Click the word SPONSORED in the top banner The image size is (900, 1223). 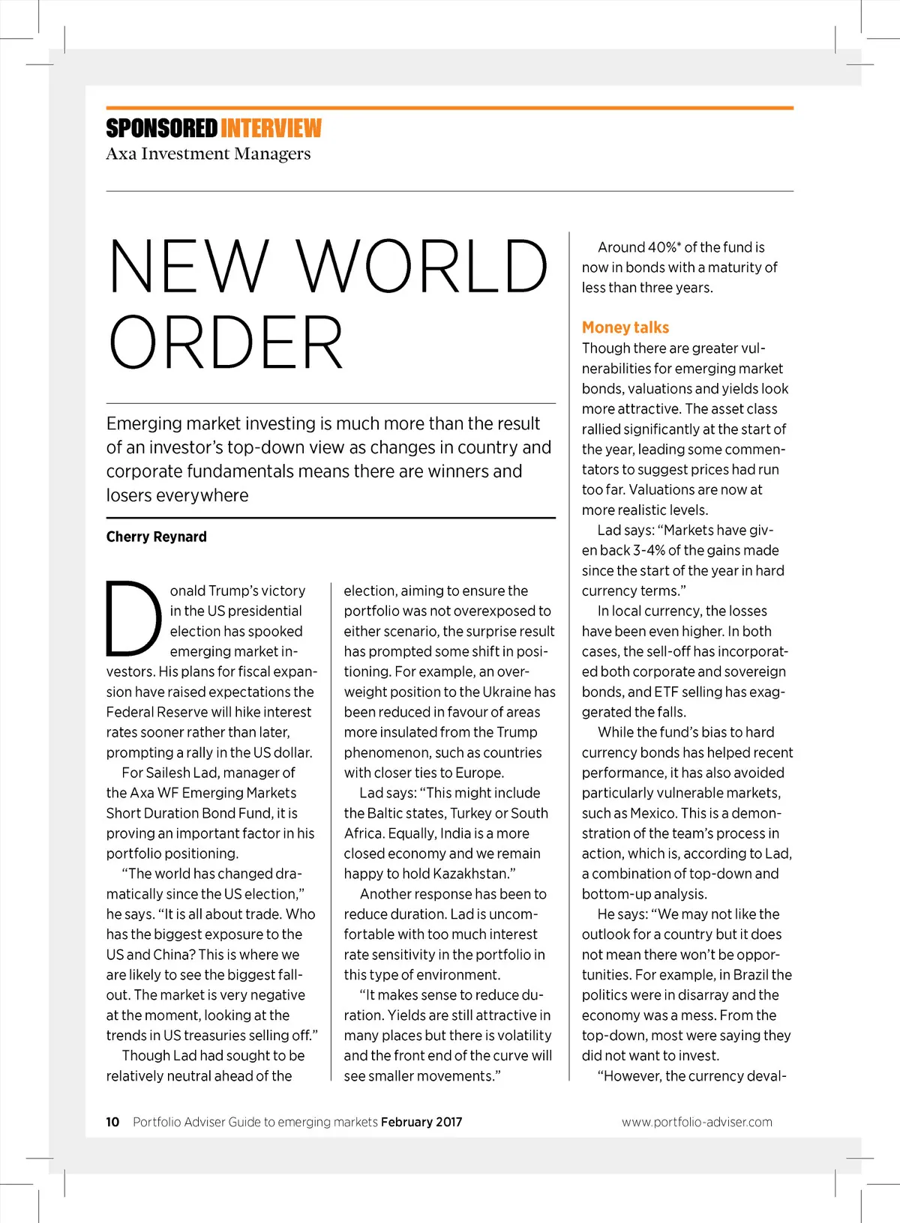(x=161, y=129)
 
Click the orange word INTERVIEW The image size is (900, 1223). (x=271, y=129)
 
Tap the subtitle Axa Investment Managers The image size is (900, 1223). (x=208, y=154)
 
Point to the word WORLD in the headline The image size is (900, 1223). (x=423, y=266)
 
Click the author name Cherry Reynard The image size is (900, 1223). (x=156, y=537)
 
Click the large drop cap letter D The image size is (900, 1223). (x=133, y=619)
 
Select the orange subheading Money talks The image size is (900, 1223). (x=625, y=327)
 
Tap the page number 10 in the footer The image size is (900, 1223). (x=112, y=1122)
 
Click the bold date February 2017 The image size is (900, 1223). (x=421, y=1122)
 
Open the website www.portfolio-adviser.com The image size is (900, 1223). (x=697, y=1122)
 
